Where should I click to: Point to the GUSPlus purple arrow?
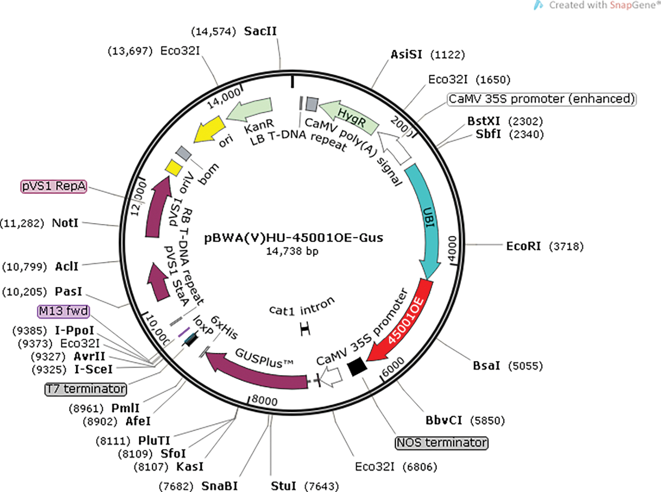point(260,370)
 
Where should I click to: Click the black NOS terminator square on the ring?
point(357,366)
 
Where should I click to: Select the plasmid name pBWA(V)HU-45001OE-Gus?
point(293,238)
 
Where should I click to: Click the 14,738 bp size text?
point(292,252)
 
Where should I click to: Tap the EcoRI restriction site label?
point(523,246)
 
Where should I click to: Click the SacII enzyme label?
point(260,31)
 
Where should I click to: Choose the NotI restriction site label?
point(65,223)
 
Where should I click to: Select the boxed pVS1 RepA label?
point(54,186)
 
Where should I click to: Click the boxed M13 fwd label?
point(63,311)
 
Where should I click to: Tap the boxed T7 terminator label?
point(86,389)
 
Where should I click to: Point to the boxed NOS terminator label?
point(442,443)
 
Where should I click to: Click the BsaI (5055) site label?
point(486,366)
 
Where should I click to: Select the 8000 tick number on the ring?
point(264,400)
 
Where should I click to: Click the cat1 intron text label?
point(302,307)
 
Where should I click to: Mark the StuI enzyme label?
point(283,486)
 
